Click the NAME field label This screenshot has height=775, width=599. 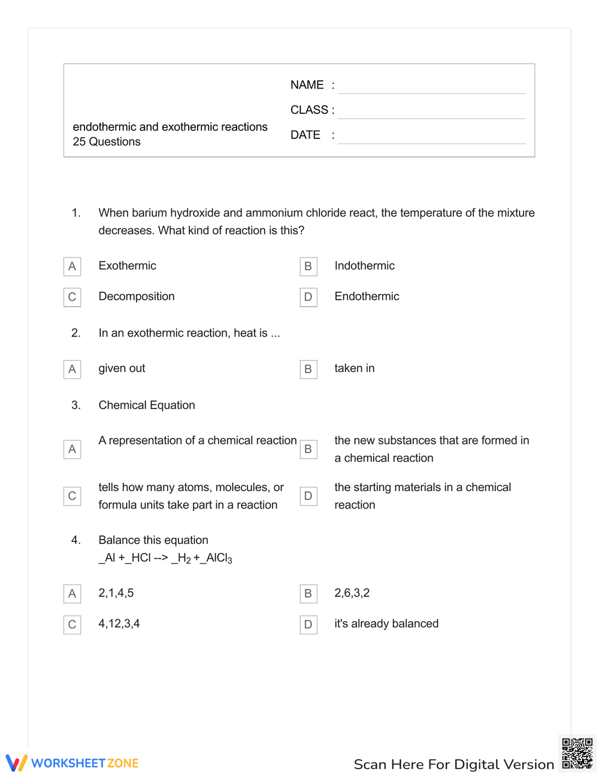(x=307, y=85)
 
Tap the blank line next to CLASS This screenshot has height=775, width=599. (x=431, y=111)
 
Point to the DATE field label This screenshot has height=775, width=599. (x=305, y=135)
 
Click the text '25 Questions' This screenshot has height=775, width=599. (x=107, y=142)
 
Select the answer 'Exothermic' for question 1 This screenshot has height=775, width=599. (x=127, y=266)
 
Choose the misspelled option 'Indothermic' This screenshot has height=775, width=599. (x=364, y=266)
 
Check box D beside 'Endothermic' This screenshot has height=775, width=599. (x=308, y=297)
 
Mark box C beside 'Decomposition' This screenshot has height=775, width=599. (x=72, y=297)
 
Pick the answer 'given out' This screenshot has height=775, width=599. (x=122, y=368)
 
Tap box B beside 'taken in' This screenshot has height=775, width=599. (x=308, y=369)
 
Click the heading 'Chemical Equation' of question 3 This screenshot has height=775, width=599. (x=147, y=405)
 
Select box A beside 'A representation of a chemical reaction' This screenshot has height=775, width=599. (x=72, y=449)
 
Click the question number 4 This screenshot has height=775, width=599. (x=76, y=540)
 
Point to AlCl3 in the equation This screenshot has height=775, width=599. (x=219, y=558)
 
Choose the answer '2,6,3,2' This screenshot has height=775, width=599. (x=352, y=593)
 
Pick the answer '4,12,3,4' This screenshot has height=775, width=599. (x=119, y=623)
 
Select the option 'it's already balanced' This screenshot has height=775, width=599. (x=386, y=623)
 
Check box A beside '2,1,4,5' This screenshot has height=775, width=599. (x=72, y=594)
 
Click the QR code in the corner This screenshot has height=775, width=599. (x=577, y=753)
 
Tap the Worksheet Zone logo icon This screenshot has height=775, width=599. (x=17, y=762)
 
